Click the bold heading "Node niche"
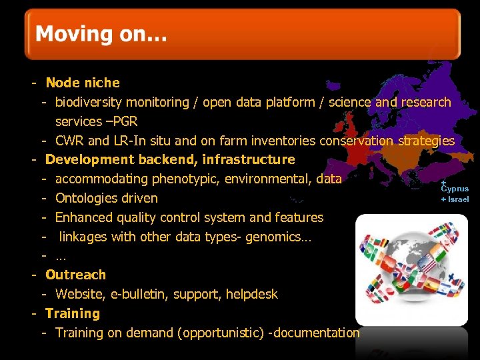83,83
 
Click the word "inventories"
284,141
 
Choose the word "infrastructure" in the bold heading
249,159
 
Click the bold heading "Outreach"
75,275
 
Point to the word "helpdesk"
251,294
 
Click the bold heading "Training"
72,313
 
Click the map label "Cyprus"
455,189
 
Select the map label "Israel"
458,199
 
